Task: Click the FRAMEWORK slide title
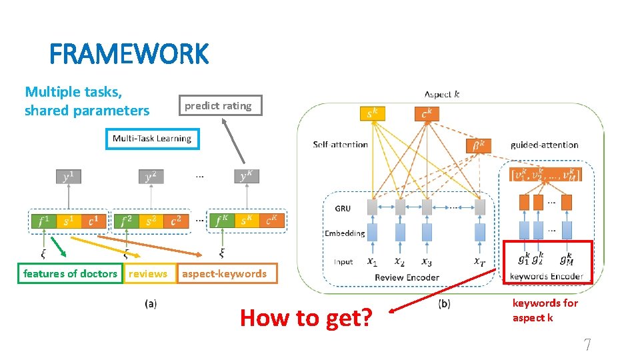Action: [129, 54]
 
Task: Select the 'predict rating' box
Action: [218, 105]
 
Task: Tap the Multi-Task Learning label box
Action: [152, 139]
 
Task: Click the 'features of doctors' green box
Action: [70, 273]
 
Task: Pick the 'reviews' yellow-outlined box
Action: [148, 273]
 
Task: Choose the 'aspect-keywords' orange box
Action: [224, 273]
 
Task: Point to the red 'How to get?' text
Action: [307, 318]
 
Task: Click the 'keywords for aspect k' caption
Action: [545, 310]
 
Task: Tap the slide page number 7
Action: [587, 345]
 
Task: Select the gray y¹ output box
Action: [68, 177]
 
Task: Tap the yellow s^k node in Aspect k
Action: [372, 114]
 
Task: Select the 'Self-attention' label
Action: [340, 144]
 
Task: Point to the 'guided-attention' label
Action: [544, 145]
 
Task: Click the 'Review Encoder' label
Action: [407, 277]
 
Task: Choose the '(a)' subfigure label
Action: [151, 303]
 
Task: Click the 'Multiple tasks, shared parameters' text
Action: [87, 101]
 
